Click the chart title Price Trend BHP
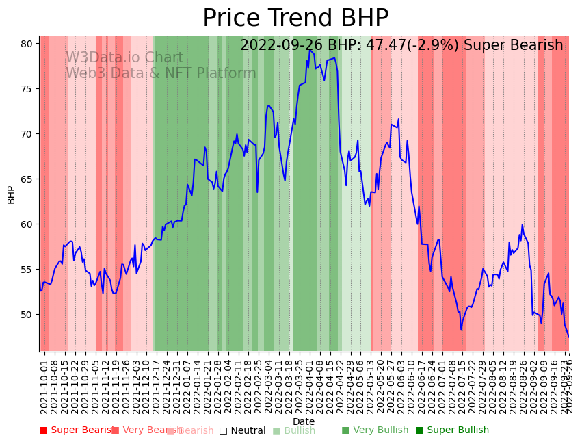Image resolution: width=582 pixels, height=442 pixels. pos(295,18)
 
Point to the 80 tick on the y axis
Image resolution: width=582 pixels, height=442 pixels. pos(27,44)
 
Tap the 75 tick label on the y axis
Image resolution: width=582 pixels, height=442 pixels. pos(27,89)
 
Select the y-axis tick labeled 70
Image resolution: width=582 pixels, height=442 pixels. pos(27,134)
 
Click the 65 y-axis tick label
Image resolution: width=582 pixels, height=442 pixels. pos(27,179)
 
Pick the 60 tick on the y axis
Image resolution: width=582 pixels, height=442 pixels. pos(27,224)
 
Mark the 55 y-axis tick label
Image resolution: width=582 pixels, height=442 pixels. pos(27,270)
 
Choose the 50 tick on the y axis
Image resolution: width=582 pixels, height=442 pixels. pos(27,315)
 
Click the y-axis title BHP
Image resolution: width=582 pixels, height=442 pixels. pos(11,194)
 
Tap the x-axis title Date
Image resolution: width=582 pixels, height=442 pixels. pos(304,422)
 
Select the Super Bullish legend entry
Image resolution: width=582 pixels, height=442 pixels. pos(452,430)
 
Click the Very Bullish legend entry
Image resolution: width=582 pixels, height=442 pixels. pos(375,430)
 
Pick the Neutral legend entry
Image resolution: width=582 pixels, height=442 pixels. pos(242,430)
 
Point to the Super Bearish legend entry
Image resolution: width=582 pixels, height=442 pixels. pos(77,430)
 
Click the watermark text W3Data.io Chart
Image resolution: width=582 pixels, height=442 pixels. pos(124,58)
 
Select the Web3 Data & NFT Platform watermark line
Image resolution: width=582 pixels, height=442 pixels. pos(161,74)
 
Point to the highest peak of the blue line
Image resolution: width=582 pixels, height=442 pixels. pos(310,50)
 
